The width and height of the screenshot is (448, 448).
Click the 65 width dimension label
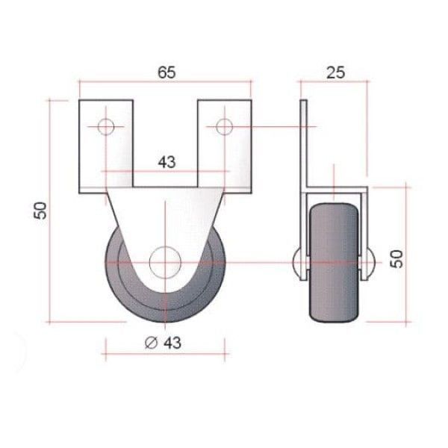[167, 72]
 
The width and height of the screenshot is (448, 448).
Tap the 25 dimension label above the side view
[336, 72]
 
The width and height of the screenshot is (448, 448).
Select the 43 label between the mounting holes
[167, 162]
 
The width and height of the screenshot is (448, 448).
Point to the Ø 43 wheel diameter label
[163, 343]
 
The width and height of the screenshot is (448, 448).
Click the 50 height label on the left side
[40, 211]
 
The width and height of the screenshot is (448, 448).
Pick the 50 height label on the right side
[396, 259]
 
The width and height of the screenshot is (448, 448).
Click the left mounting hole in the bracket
[106, 127]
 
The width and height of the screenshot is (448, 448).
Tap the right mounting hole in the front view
[224, 127]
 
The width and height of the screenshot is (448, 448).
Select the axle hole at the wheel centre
[165, 262]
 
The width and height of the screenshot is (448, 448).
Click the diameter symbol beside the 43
[151, 343]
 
